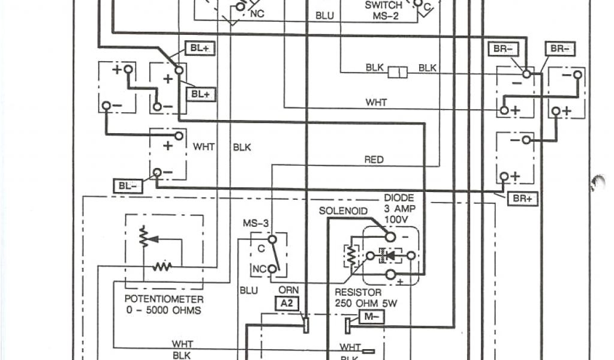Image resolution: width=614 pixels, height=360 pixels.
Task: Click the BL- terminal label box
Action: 128,185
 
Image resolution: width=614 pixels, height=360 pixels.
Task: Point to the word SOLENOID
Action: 342,211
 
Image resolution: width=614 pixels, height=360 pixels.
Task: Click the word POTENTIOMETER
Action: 164,299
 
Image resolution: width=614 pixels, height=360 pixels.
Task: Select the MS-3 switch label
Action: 256,224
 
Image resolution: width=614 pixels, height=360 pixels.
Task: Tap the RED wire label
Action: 374,160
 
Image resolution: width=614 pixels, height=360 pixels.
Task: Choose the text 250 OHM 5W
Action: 365,304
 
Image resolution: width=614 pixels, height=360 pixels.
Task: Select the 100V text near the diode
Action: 396,220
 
